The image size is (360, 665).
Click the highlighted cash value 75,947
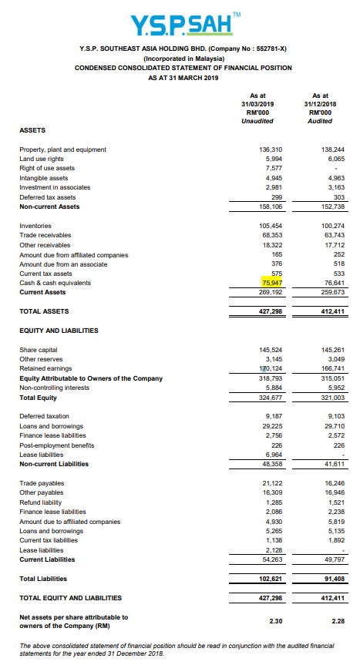point(273,283)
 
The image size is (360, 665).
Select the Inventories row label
point(35,225)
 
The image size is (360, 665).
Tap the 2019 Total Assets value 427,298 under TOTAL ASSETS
point(271,311)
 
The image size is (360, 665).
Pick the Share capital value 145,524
point(271,350)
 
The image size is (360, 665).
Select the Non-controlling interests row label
point(52,388)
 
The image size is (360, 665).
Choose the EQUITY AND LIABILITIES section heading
point(59,331)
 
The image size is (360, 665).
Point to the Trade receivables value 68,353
point(273,234)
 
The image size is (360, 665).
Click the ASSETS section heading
point(32,130)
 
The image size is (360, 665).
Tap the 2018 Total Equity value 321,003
point(331,397)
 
